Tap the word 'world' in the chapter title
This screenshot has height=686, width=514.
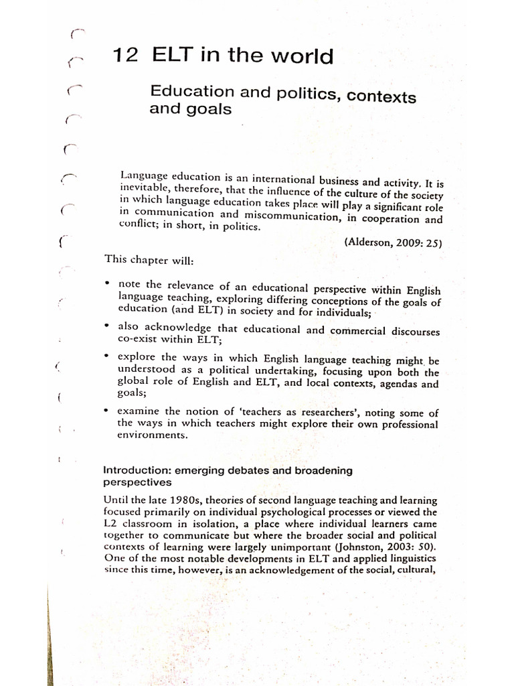pyautogui.click(x=301, y=57)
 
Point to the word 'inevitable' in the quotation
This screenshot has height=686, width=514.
pyautogui.click(x=144, y=190)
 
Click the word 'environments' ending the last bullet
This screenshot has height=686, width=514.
pyautogui.click(x=151, y=435)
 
